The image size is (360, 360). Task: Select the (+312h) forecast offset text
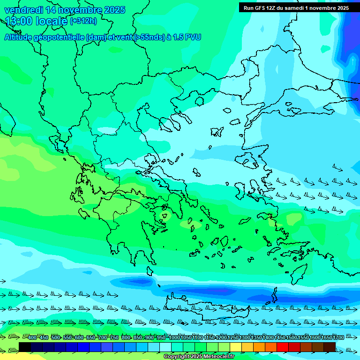(x=83, y=21)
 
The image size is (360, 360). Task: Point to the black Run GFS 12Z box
(x=296, y=7)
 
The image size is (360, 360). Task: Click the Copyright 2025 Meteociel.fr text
(x=199, y=356)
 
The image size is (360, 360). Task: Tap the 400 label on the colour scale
(x=32, y=337)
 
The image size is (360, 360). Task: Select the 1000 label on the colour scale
(x=174, y=337)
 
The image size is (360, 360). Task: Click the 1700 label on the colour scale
(x=338, y=337)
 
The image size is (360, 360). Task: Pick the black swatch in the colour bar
(x=25, y=347)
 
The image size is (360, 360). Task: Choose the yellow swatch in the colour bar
(x=236, y=347)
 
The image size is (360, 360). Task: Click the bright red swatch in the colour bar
(x=283, y=347)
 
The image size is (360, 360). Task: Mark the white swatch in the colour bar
(x=165, y=347)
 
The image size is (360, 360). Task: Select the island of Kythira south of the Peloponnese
(x=150, y=271)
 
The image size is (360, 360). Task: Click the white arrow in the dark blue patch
(x=352, y=61)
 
